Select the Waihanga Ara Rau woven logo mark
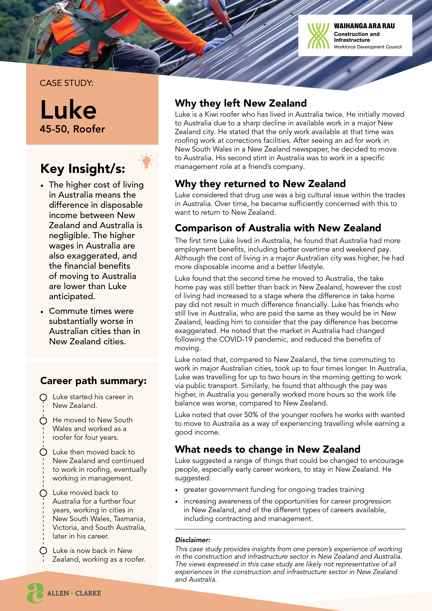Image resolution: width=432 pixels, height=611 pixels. pyautogui.click(x=318, y=36)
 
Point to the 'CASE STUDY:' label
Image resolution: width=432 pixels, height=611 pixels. pyautogui.click(x=67, y=83)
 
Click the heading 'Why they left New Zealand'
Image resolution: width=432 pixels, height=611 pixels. pyautogui.click(x=241, y=103)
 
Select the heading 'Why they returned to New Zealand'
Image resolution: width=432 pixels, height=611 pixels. pyautogui.click(x=260, y=184)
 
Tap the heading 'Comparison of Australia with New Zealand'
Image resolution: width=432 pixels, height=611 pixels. pyautogui.click(x=278, y=228)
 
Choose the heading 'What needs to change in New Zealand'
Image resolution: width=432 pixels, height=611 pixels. pyautogui.click(x=268, y=449)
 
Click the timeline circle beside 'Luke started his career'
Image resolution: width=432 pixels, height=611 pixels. pyautogui.click(x=43, y=397)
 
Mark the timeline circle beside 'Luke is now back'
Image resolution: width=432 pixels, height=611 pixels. pyautogui.click(x=43, y=550)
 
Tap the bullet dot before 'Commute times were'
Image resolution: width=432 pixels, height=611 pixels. pyautogui.click(x=42, y=312)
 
